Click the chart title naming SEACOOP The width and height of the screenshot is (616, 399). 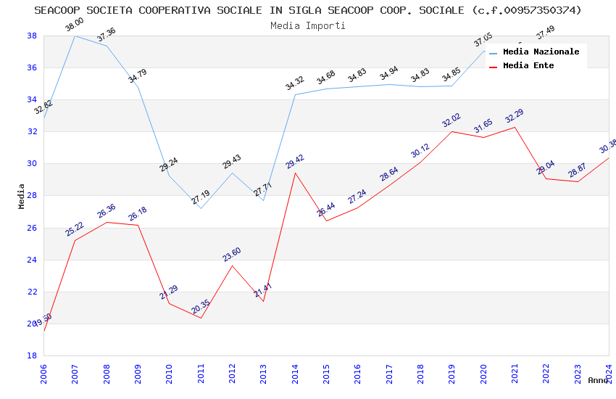(307, 10)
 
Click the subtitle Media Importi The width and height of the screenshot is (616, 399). (307, 25)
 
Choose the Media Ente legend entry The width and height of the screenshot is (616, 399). (528, 65)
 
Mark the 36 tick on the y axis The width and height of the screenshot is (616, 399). (32, 67)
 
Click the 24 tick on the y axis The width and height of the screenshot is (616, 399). (32, 260)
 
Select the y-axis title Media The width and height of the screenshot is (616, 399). (22, 196)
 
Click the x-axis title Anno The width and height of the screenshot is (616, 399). (598, 379)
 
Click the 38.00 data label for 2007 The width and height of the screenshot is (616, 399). (75, 24)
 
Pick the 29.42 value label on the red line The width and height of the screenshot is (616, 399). (295, 161)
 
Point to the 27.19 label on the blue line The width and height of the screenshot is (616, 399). (201, 197)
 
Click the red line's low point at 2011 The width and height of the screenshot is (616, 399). (201, 318)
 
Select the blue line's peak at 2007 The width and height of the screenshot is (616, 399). (75, 36)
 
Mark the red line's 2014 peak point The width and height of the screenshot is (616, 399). (295, 173)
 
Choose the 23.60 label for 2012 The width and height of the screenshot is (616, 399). (232, 254)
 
